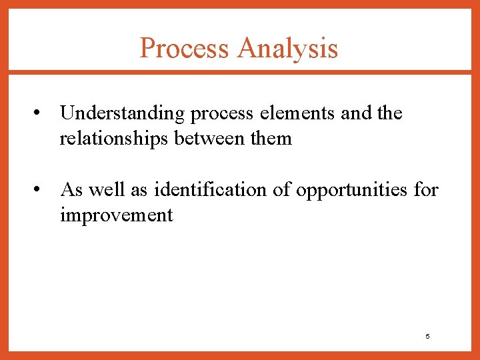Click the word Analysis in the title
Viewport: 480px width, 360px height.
pyautogui.click(x=287, y=48)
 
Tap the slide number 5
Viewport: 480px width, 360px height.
pyautogui.click(x=427, y=336)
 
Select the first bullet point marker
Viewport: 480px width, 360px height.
pyautogui.click(x=41, y=114)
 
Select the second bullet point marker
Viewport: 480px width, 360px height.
pyautogui.click(x=41, y=191)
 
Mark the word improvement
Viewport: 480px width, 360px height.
pyautogui.click(x=116, y=215)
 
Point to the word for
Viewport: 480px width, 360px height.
pyautogui.click(x=425, y=190)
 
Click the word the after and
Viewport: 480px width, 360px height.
pyautogui.click(x=389, y=113)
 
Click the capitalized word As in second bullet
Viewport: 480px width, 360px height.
pyautogui.click(x=71, y=190)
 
